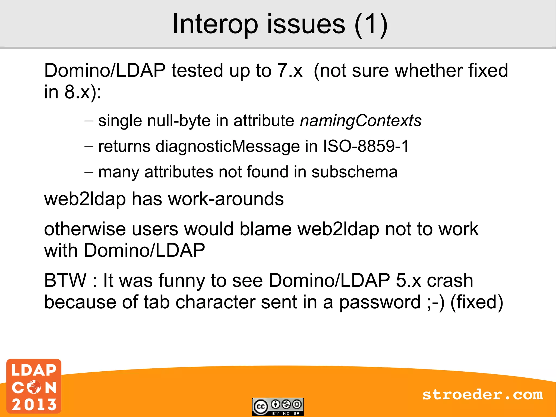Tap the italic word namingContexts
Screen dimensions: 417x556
tap(361, 121)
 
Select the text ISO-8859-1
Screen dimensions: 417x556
tap(366, 146)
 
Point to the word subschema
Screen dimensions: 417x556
tap(354, 172)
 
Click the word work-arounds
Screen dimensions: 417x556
tap(226, 199)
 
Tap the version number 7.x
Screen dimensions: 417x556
tap(290, 71)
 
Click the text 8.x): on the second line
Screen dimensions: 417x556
tap(83, 92)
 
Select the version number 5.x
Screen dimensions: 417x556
tap(408, 280)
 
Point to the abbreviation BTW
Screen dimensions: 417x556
tap(65, 280)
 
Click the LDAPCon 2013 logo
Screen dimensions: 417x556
tap(34, 386)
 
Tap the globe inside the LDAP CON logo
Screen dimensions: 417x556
tap(34, 387)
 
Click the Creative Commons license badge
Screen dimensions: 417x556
tap(278, 407)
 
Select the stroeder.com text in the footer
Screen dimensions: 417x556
tap(482, 394)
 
